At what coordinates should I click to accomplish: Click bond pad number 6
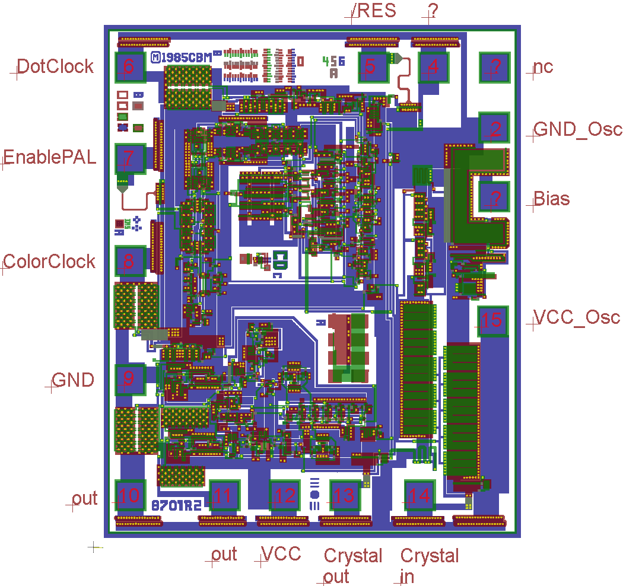tap(131, 66)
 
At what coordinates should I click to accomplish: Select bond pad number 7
tap(131, 158)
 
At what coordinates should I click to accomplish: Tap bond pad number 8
tap(131, 261)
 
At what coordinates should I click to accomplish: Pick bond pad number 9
tap(131, 379)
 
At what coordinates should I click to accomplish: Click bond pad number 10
tap(131, 495)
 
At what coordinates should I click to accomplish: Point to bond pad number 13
tap(345, 495)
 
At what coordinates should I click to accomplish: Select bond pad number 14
tap(420, 495)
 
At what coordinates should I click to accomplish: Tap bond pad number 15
tap(492, 320)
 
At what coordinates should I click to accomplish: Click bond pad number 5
tap(372, 66)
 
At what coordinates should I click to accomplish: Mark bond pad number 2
tap(494, 128)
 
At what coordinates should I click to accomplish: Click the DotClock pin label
tap(55, 66)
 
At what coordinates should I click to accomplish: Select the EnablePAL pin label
tap(50, 158)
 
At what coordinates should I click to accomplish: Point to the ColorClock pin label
tap(49, 261)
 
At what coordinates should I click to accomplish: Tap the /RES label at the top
tap(374, 11)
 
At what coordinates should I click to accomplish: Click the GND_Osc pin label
tap(577, 129)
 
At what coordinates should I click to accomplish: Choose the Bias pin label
tap(551, 198)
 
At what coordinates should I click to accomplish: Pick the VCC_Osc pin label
tap(576, 317)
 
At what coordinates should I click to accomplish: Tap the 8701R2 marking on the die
tap(177, 506)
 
